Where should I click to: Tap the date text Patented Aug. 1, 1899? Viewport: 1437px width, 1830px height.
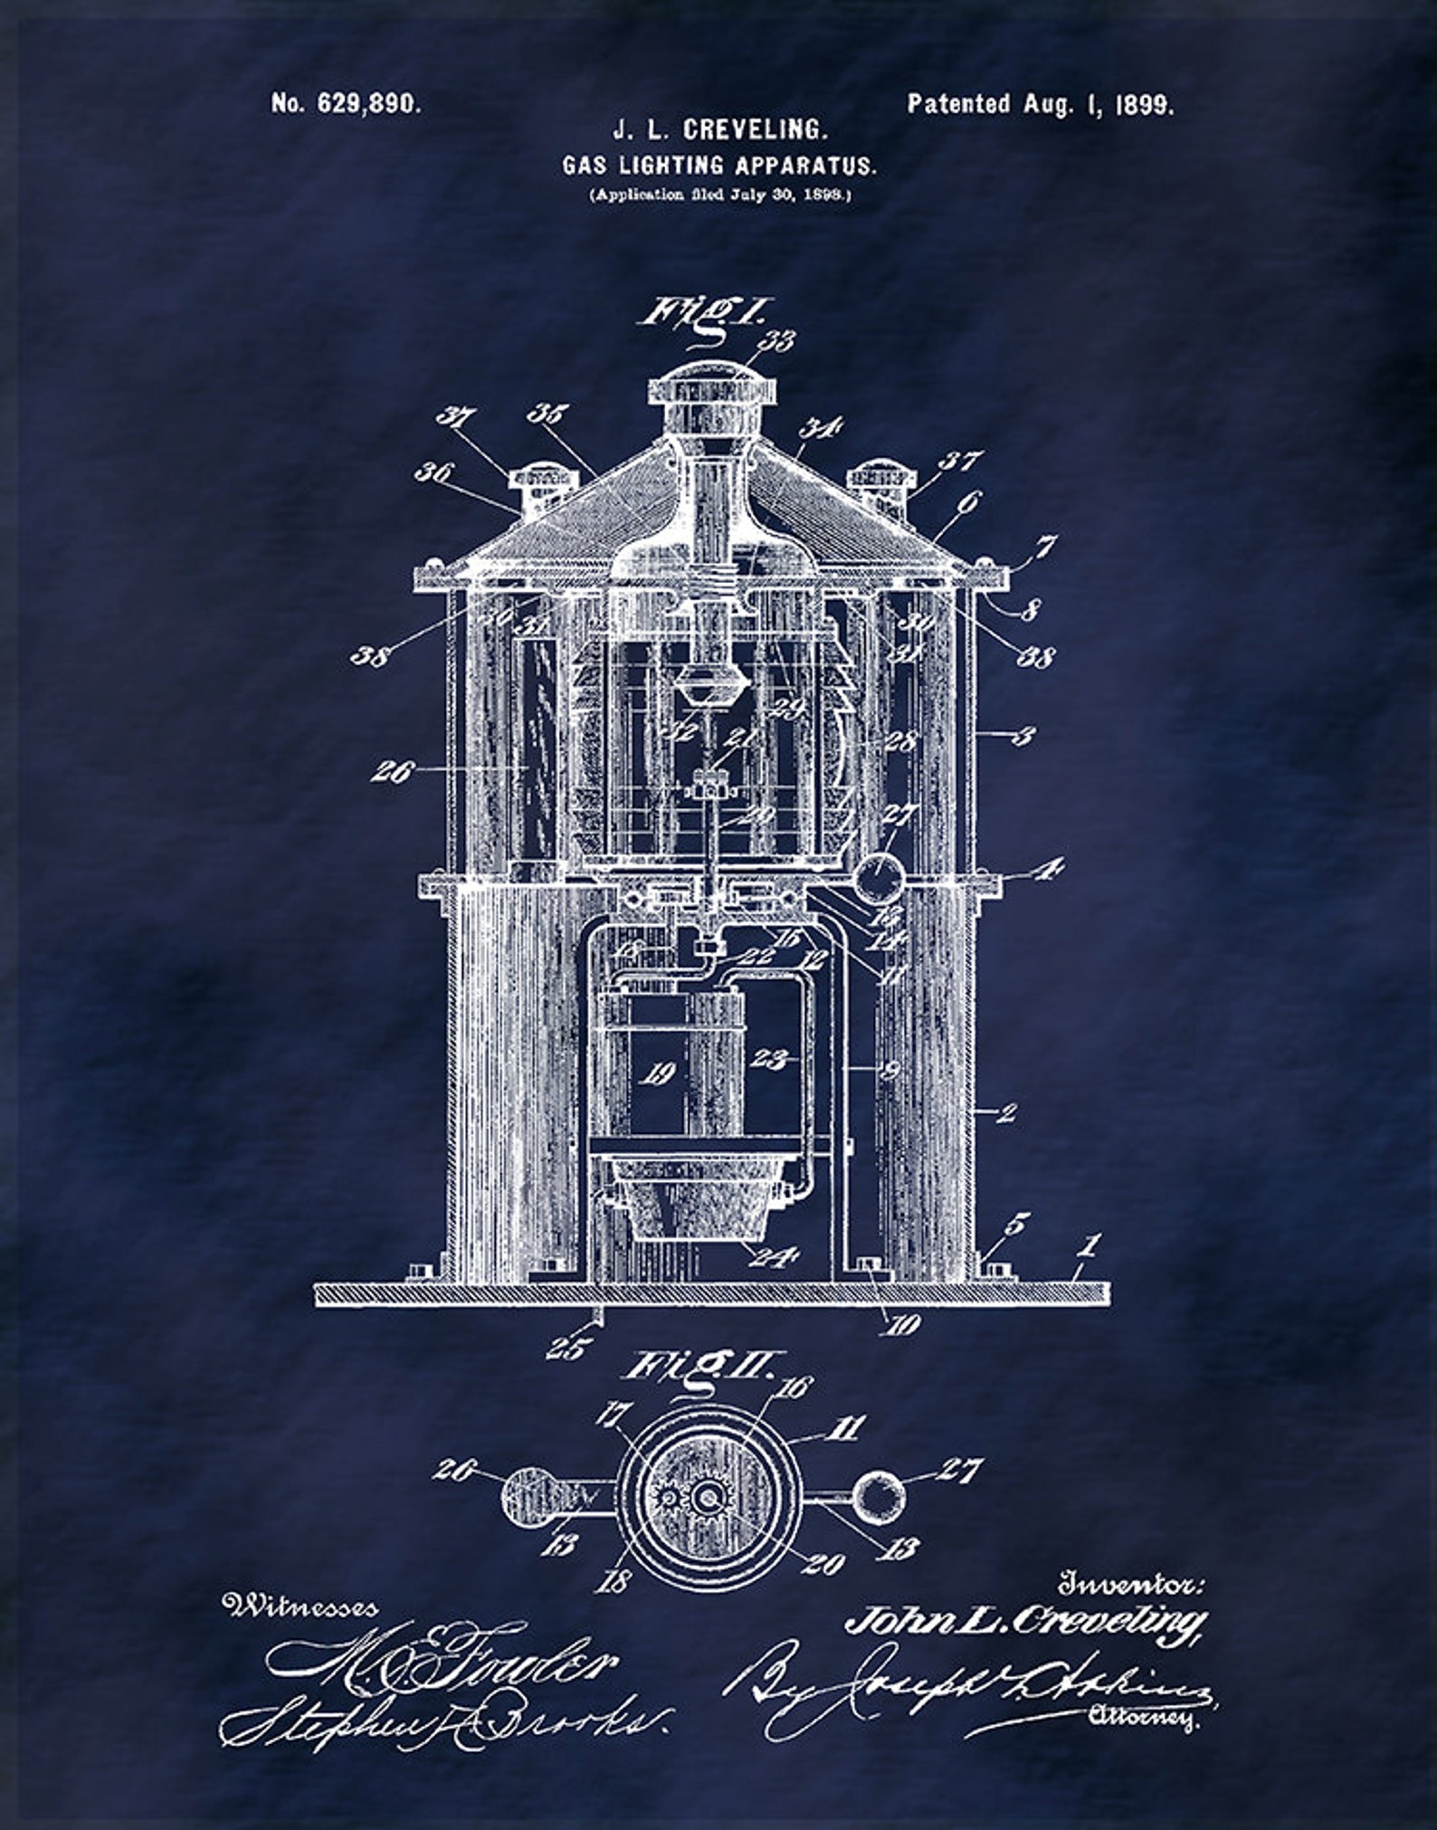(1041, 104)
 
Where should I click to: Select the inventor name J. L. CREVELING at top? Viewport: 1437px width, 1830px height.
(720, 130)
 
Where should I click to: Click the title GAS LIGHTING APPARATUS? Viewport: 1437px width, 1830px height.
(719, 166)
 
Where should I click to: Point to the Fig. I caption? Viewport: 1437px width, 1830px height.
(701, 315)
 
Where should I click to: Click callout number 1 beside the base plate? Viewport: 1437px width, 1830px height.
(1090, 1247)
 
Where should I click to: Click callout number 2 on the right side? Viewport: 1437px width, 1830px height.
(1006, 1112)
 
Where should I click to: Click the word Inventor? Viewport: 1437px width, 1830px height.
(1132, 1585)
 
